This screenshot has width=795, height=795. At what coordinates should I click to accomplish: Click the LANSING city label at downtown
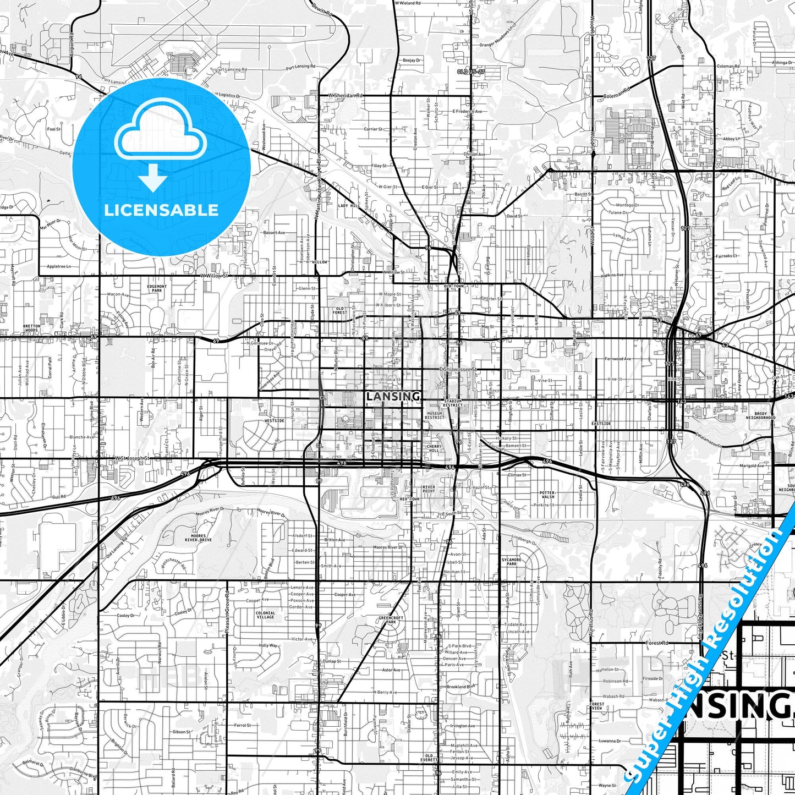(393, 396)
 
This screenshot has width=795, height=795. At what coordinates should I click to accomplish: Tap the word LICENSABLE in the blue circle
(161, 210)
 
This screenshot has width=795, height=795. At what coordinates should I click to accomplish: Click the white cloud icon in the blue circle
(161, 135)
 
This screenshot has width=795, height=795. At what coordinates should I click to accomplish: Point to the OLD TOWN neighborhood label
(454, 286)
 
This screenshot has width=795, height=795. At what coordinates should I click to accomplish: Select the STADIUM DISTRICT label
(453, 403)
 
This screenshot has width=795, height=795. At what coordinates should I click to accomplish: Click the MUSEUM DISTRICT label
(434, 415)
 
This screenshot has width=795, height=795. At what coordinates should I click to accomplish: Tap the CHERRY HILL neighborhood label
(434, 448)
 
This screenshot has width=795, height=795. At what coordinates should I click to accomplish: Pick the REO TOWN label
(409, 498)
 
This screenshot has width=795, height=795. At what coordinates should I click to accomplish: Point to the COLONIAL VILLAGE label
(265, 615)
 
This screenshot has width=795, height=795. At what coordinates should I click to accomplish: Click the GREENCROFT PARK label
(391, 619)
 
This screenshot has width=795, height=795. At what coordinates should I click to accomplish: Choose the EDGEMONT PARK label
(157, 288)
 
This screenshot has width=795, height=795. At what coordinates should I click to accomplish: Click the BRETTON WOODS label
(32, 328)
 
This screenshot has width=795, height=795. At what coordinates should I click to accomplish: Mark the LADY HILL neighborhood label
(348, 205)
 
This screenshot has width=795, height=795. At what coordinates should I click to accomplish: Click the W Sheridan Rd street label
(346, 96)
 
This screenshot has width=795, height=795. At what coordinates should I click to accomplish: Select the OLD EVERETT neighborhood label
(429, 758)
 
